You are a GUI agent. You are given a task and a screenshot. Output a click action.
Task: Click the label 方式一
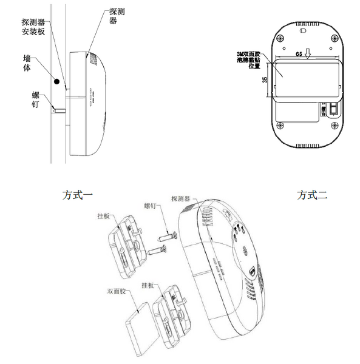[x=77, y=195]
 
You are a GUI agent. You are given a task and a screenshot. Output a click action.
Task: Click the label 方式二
[x=312, y=195]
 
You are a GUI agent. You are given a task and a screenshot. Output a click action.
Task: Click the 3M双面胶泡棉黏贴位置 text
[x=248, y=59]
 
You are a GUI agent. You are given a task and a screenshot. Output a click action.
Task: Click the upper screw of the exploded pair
[x=168, y=233]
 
